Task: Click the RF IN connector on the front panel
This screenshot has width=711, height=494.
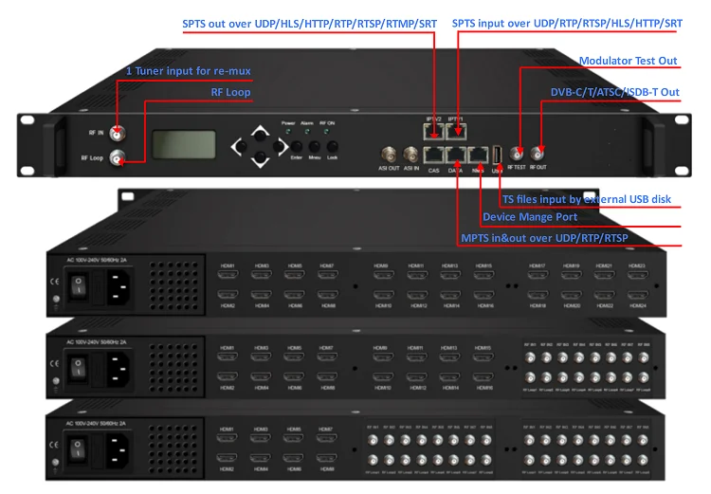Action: pos(118,133)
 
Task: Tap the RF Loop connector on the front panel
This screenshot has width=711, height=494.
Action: pos(118,157)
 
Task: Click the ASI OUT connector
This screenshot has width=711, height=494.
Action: pos(389,154)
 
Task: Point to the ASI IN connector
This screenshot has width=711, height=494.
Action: pos(410,154)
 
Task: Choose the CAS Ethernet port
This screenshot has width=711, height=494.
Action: pos(434,153)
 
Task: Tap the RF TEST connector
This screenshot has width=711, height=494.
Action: pos(518,153)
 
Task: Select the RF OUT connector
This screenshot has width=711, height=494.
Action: pos(538,153)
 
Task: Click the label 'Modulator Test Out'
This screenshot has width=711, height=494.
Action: pos(628,62)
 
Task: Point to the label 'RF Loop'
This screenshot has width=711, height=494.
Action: pos(230,92)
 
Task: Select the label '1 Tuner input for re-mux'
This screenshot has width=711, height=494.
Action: pos(189,71)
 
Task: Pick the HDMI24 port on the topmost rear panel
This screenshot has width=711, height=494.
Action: pos(636,295)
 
